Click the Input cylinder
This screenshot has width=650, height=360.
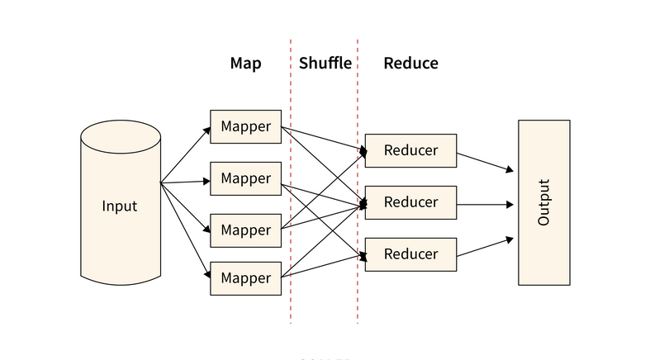click(120, 239)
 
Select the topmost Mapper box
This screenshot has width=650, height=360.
click(245, 127)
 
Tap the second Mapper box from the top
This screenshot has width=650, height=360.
click(245, 178)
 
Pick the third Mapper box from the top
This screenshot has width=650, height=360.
click(245, 230)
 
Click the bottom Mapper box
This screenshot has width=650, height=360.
click(245, 278)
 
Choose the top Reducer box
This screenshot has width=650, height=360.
click(410, 150)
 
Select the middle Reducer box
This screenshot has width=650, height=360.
click(410, 202)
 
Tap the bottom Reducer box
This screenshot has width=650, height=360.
click(410, 253)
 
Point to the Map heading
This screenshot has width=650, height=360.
click(245, 64)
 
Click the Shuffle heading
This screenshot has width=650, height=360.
click(325, 64)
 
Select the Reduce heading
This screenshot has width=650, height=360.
click(410, 64)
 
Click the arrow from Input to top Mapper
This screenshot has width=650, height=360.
click(186, 154)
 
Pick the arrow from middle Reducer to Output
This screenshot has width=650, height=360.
click(486, 204)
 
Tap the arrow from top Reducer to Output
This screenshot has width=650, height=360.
click(486, 162)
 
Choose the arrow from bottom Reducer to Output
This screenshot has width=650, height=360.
click(486, 247)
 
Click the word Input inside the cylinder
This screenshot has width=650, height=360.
click(120, 206)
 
